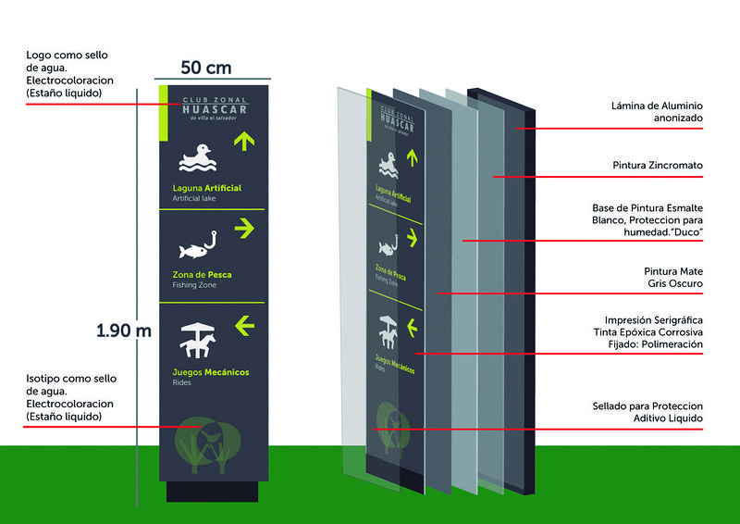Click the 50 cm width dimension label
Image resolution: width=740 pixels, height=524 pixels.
tap(205, 68)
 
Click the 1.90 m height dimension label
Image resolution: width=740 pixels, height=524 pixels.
tap(124, 331)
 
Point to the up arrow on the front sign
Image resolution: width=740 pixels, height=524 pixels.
tap(244, 141)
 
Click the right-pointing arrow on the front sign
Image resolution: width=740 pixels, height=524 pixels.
tap(244, 228)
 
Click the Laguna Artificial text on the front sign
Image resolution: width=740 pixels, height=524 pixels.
tap(206, 188)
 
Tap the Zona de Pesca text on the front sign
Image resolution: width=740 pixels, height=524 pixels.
tap(202, 275)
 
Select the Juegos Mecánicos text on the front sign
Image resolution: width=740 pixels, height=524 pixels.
tap(210, 373)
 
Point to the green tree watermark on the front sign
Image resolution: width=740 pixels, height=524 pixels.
tap(205, 442)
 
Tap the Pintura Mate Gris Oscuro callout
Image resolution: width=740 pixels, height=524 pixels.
tap(672, 277)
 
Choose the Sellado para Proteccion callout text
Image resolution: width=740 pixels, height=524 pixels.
tap(647, 413)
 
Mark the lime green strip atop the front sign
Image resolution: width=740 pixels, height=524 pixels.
tap(165, 113)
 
